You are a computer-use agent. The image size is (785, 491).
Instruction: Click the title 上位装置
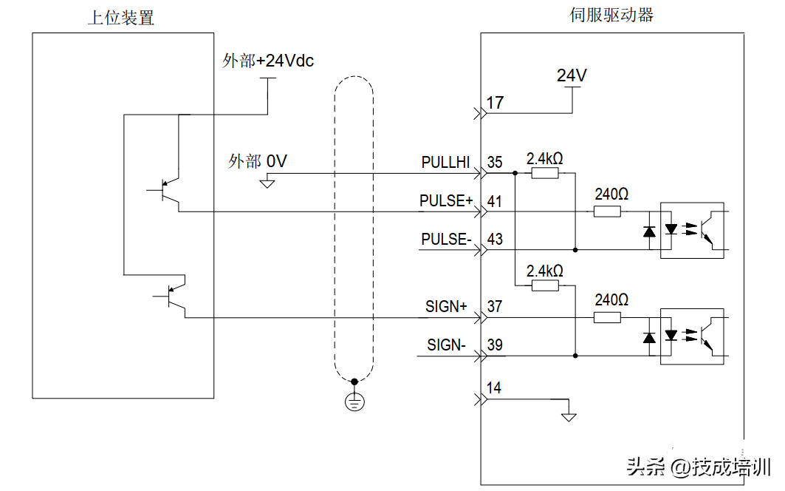click(x=121, y=18)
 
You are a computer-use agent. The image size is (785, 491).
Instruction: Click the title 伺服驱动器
click(x=611, y=15)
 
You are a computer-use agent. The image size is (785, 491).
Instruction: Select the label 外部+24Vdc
click(x=268, y=61)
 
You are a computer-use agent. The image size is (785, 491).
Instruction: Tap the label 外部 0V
click(x=257, y=161)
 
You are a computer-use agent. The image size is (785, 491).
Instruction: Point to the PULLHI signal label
click(x=445, y=163)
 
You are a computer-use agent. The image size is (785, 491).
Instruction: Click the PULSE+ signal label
click(x=446, y=201)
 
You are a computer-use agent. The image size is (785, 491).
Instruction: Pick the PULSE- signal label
click(x=446, y=240)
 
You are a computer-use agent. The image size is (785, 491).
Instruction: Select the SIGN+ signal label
click(x=447, y=306)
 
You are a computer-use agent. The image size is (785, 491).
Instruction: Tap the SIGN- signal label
click(x=446, y=345)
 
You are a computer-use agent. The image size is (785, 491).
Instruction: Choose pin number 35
click(x=495, y=163)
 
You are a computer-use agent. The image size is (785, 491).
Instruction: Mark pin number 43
click(x=495, y=240)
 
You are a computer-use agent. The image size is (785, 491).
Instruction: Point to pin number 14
click(x=495, y=388)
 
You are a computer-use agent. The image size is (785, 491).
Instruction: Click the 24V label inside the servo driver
click(x=572, y=75)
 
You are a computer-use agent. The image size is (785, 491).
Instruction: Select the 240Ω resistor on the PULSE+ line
click(x=607, y=211)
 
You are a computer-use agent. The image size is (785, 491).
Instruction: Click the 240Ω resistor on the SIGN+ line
click(x=607, y=317)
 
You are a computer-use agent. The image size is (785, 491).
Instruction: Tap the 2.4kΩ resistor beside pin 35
click(x=545, y=174)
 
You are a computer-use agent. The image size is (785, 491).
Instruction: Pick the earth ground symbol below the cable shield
click(x=354, y=402)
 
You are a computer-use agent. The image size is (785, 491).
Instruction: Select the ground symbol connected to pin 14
click(x=568, y=416)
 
